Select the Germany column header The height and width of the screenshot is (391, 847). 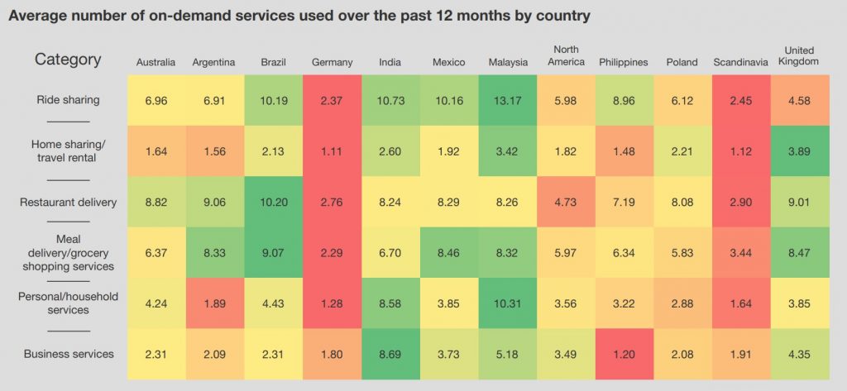click(x=332, y=62)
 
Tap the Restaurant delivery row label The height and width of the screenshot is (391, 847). click(x=68, y=201)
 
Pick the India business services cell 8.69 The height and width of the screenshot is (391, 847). click(x=390, y=354)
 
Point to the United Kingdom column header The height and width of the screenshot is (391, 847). click(x=798, y=56)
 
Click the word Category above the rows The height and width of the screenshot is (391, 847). click(x=68, y=60)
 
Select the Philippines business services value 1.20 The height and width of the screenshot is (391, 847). click(x=624, y=354)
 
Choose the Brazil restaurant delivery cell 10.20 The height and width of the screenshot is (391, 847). click(x=274, y=201)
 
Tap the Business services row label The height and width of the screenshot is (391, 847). click(x=68, y=354)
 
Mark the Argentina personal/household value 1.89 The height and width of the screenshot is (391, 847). click(x=214, y=303)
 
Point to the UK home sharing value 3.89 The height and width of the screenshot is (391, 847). click(x=798, y=150)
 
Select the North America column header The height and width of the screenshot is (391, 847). click(x=566, y=55)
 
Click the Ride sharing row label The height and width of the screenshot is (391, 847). click(x=68, y=100)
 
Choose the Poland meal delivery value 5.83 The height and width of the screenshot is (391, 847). click(x=682, y=252)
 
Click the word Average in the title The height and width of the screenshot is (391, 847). click(x=37, y=16)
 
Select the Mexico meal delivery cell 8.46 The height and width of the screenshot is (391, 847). click(x=448, y=252)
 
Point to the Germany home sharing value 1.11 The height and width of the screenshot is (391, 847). click(x=332, y=150)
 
